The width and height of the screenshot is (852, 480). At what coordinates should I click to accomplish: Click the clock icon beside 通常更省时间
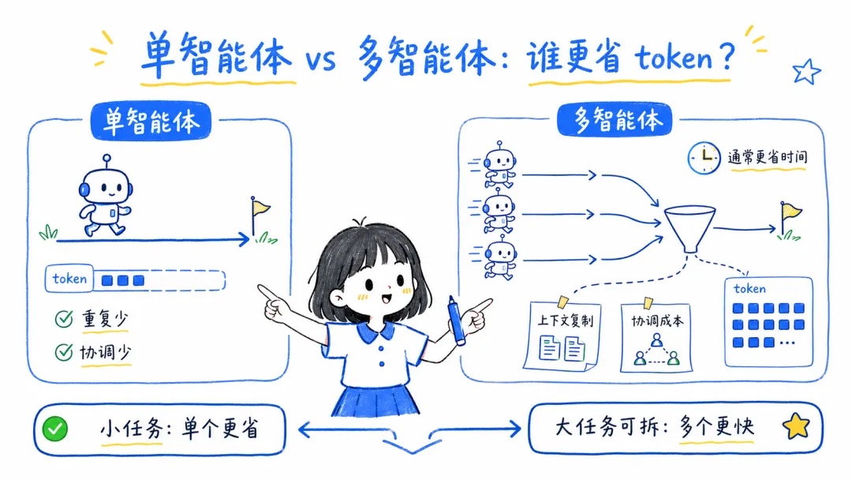704,157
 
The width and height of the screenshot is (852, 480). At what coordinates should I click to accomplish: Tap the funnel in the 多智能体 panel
689,227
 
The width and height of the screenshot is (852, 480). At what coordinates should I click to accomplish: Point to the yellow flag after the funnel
790,212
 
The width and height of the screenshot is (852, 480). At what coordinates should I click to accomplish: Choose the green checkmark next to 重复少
63,320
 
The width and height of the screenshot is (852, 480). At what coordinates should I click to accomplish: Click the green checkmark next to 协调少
63,353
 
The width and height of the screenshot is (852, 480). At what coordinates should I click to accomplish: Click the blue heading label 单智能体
150,122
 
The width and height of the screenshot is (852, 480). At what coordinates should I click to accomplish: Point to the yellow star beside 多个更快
796,428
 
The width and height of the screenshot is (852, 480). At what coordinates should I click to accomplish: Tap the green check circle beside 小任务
55,429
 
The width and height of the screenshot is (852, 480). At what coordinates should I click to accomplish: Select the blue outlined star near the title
805,72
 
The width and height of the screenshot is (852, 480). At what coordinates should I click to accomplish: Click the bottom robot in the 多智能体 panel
498,257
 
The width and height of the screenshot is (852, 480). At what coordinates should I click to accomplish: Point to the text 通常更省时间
768,157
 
